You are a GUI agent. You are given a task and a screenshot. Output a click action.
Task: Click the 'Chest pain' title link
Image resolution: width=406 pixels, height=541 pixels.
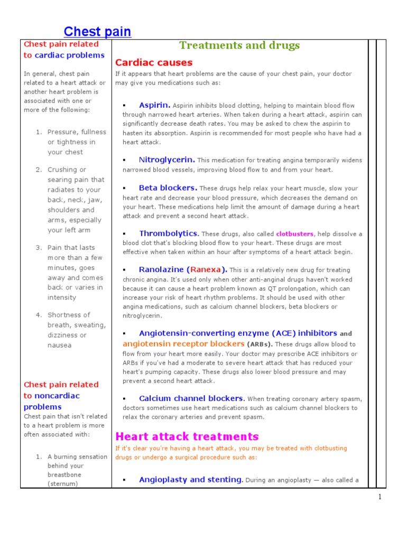[x=97, y=32]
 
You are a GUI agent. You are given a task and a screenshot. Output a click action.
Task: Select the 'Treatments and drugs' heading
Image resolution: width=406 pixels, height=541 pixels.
[x=239, y=45]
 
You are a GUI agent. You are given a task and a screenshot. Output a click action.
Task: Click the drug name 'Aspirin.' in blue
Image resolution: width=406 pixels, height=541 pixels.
[x=154, y=105]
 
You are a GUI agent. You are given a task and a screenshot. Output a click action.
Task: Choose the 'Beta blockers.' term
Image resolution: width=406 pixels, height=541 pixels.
[x=168, y=188]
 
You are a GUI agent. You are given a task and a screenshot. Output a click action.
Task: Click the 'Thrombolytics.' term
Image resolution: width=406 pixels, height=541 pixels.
[x=169, y=234]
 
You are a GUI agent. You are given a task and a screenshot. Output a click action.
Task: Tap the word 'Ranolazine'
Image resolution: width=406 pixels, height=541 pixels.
[x=161, y=269]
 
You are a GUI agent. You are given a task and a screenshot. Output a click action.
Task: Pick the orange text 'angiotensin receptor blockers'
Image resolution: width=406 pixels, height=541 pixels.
[x=183, y=344]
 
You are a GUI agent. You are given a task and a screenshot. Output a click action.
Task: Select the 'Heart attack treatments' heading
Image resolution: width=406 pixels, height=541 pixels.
[x=187, y=436]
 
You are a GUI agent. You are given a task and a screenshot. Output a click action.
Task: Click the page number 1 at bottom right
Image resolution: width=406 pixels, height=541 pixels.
[x=379, y=497]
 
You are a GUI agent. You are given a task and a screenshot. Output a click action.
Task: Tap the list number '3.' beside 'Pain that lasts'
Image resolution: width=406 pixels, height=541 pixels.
[x=39, y=247]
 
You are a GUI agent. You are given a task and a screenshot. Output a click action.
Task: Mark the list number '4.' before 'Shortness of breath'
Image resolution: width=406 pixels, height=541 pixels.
[x=39, y=315]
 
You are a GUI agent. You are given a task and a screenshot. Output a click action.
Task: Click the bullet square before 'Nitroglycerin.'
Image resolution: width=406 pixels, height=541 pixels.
[x=124, y=160]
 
